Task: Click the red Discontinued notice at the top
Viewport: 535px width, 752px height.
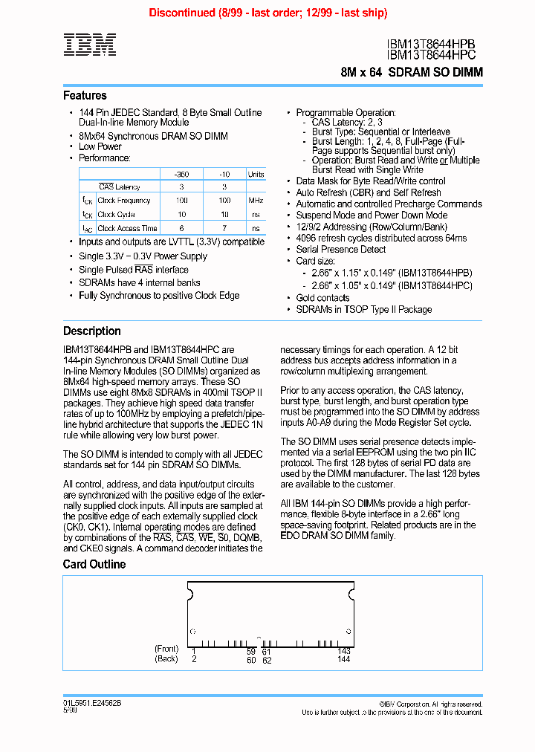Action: point(267,13)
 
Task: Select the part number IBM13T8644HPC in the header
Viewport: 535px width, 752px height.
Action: point(431,54)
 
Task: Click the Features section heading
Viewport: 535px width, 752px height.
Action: point(85,95)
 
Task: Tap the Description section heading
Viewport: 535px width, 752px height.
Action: point(91,331)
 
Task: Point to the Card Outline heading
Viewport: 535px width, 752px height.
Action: point(94,564)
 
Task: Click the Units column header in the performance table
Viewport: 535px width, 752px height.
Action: point(256,174)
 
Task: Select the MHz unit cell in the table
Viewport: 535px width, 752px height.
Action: point(256,201)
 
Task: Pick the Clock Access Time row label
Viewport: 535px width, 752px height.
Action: point(127,229)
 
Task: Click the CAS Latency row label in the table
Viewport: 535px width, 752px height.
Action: point(120,187)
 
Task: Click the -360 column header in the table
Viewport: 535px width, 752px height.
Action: point(181,174)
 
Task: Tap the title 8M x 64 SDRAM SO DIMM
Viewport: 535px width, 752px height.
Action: point(412,72)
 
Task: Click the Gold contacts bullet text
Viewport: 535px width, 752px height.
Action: point(322,298)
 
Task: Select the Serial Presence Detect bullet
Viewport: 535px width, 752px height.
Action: point(341,250)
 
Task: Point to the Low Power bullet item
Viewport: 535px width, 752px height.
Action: point(100,147)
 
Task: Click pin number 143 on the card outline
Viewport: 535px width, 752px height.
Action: point(343,651)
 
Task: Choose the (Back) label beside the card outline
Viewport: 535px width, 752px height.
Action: point(166,659)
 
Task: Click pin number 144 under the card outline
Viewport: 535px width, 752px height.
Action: point(343,660)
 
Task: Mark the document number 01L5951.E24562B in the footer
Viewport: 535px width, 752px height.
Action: point(92,703)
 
